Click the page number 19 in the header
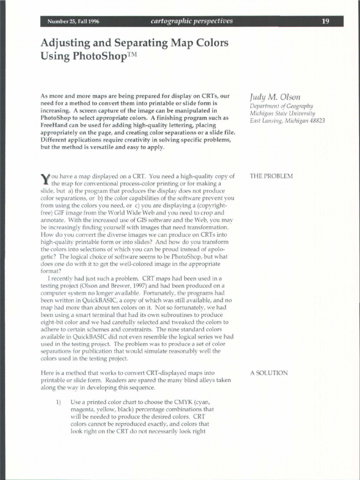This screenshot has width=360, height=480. click(325, 21)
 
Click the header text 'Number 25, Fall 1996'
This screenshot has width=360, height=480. click(73, 22)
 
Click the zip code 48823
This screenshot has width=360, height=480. click(315, 120)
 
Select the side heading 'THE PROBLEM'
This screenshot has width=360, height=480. click(271, 176)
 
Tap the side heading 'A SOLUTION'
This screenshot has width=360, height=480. click(269, 373)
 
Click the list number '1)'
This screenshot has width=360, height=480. click(59, 403)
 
